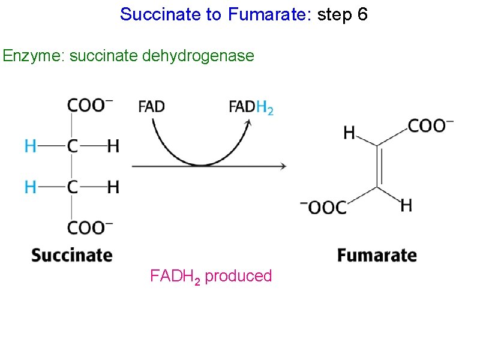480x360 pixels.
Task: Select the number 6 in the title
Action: click(x=362, y=14)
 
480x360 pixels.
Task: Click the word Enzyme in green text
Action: click(x=32, y=56)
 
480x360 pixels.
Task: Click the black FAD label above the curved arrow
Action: click(x=151, y=107)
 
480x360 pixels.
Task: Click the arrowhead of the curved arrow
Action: click(x=247, y=121)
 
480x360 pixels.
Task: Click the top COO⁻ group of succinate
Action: click(x=89, y=105)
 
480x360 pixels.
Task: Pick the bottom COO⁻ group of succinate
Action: click(x=89, y=229)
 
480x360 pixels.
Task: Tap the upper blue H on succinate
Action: click(x=30, y=146)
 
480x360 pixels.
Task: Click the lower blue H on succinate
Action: click(x=30, y=187)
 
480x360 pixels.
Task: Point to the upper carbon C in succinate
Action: click(x=72, y=146)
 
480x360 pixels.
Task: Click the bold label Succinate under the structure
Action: click(x=72, y=255)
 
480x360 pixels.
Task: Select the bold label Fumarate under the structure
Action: click(x=377, y=255)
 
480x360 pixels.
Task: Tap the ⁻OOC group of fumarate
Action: click(x=324, y=208)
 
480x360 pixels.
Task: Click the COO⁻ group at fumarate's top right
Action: click(x=431, y=125)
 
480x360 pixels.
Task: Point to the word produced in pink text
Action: click(x=238, y=276)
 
